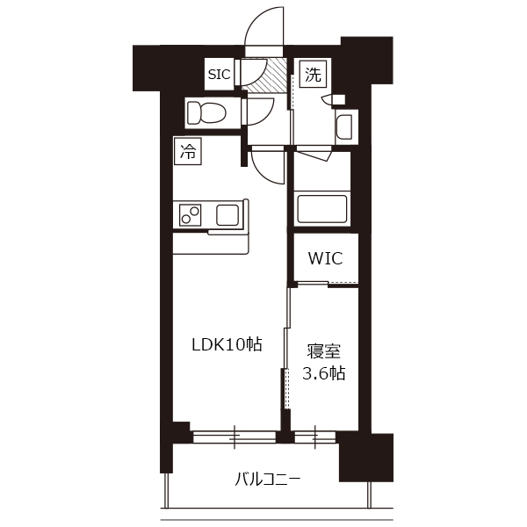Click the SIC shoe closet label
[219, 75]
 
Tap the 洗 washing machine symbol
[313, 75]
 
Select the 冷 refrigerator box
[188, 151]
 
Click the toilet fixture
[206, 112]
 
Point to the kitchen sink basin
[227, 215]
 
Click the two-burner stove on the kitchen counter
[190, 215]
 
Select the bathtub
[321, 208]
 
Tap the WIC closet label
[325, 258]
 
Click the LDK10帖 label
[227, 344]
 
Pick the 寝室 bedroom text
[323, 351]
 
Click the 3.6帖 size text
[323, 373]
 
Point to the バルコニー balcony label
[267, 480]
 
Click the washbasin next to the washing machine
[344, 127]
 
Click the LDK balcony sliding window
[235, 437]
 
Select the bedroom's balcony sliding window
[315, 437]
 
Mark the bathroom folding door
[314, 155]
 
